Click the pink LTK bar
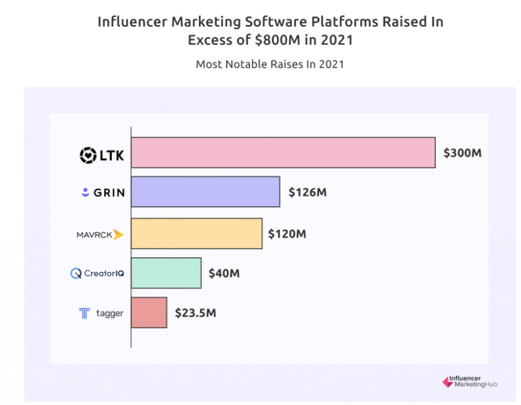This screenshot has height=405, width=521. (283, 152)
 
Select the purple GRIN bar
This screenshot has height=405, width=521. (205, 192)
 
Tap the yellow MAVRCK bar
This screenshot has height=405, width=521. (196, 233)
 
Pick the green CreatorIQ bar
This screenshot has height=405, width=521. (166, 273)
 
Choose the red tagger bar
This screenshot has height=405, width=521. (149, 313)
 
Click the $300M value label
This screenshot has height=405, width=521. (462, 153)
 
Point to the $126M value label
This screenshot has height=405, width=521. (307, 193)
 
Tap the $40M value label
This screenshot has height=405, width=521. (224, 274)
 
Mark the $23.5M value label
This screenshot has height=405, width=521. (195, 313)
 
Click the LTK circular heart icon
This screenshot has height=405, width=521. (88, 155)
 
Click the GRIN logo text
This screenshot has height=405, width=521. (109, 193)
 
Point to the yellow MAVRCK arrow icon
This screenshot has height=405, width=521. (118, 235)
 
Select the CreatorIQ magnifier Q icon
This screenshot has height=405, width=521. (76, 274)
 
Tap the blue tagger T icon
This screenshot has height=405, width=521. (84, 314)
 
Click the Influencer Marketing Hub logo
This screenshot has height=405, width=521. (469, 382)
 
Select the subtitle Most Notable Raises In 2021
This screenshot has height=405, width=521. (269, 64)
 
